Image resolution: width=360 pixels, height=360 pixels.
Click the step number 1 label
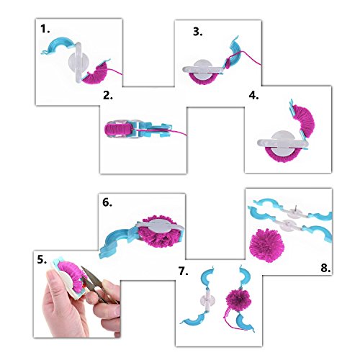pyautogui.click(x=45, y=29)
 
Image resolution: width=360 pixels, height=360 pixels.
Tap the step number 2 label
pyautogui.click(x=108, y=96)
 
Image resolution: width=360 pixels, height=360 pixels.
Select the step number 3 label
pyautogui.click(x=197, y=32)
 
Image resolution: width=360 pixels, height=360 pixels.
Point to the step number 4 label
pyautogui.click(x=253, y=96)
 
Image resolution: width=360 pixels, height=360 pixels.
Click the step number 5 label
pyautogui.click(x=42, y=260)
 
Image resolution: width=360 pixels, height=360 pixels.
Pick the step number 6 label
pyautogui.click(x=107, y=202)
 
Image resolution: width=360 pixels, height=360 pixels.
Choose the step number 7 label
pyautogui.click(x=184, y=271)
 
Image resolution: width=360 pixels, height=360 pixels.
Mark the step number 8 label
pyautogui.click(x=325, y=268)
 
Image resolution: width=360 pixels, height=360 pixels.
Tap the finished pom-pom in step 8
pyautogui.click(x=267, y=246)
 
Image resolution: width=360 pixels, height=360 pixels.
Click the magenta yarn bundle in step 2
pyautogui.click(x=115, y=128)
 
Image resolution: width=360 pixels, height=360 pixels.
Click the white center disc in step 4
pyautogui.click(x=284, y=143)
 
